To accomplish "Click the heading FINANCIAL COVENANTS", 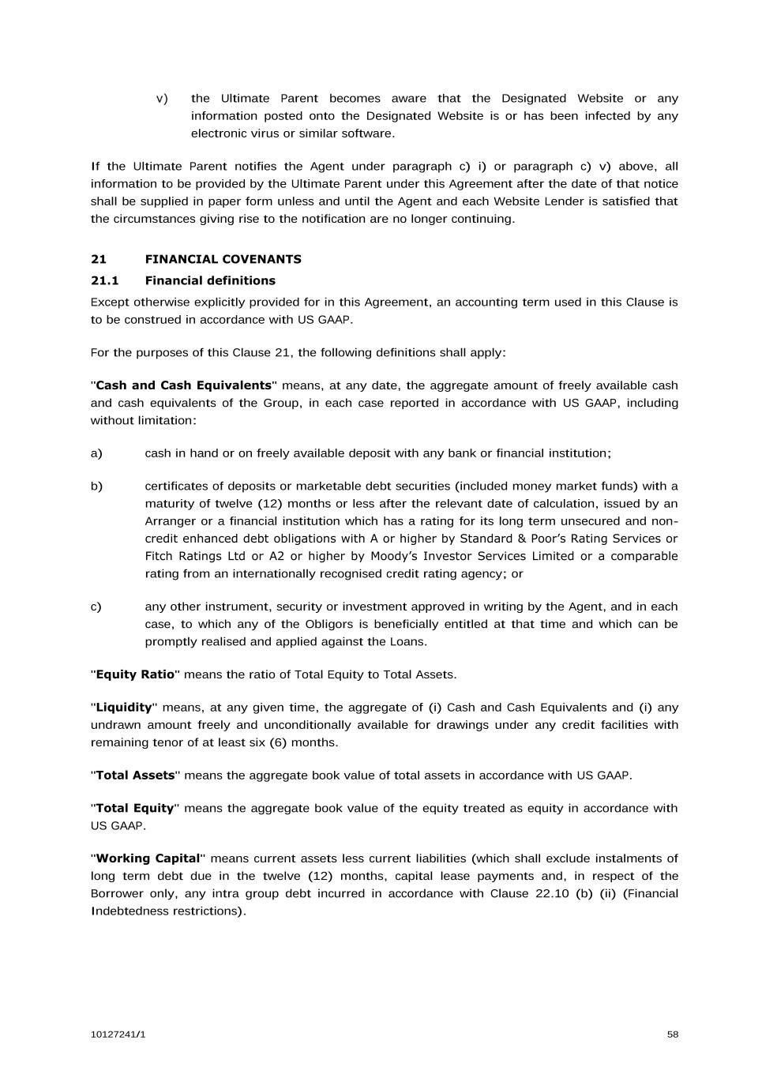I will (x=223, y=259).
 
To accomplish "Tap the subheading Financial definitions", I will (x=210, y=280).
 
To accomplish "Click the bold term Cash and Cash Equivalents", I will (x=183, y=385).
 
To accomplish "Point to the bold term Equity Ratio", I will (x=135, y=674).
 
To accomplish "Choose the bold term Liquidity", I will (x=124, y=708).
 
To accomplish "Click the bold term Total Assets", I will (x=135, y=776).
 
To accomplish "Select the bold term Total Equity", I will (x=134, y=808).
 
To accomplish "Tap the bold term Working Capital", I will (x=148, y=858).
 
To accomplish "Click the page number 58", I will (x=672, y=1035).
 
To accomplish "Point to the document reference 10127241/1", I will (x=118, y=1035).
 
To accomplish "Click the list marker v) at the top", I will (x=162, y=99).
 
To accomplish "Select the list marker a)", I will (x=96, y=453).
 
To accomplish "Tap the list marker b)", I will (x=96, y=486).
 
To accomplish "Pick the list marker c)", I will (x=96, y=607).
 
